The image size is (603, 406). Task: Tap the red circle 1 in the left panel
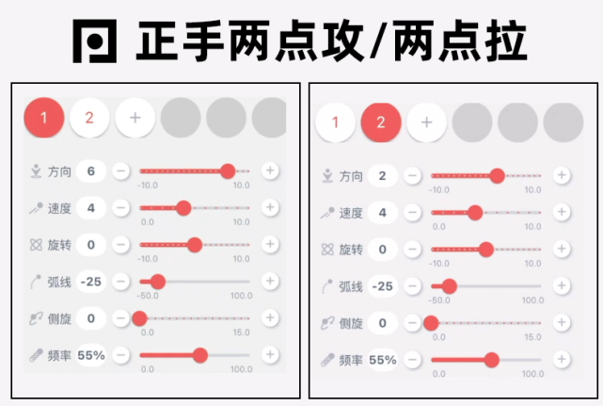[44, 118]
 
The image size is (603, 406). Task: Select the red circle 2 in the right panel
[381, 122]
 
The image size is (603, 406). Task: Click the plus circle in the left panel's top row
[135, 118]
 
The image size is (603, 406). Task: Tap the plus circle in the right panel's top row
[426, 122]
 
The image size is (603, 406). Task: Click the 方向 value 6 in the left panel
[91, 171]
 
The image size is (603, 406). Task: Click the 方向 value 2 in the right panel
[383, 175]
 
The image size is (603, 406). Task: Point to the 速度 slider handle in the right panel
[474, 213]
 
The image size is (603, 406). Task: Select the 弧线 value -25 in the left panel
[91, 282]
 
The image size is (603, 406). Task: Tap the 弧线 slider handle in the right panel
[449, 285]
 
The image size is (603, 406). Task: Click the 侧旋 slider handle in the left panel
[140, 318]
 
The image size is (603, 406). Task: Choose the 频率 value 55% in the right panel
[383, 360]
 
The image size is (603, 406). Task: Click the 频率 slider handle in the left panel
[199, 355]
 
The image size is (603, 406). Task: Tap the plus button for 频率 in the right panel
[562, 360]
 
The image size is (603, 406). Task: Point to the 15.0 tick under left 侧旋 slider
[241, 333]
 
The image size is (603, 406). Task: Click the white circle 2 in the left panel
[89, 118]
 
